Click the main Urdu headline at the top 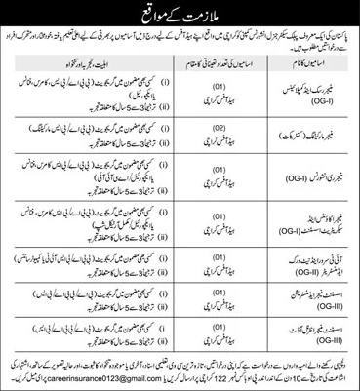pyautogui.click(x=180, y=11)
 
